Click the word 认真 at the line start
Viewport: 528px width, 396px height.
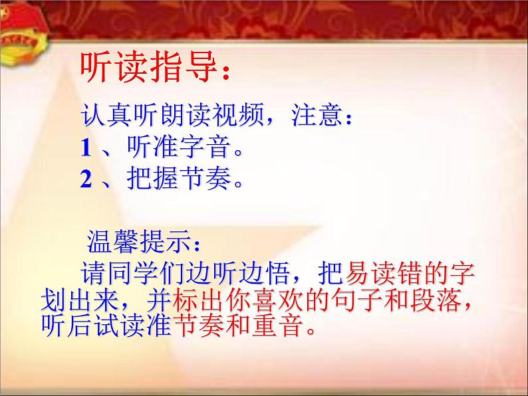[102, 118]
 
